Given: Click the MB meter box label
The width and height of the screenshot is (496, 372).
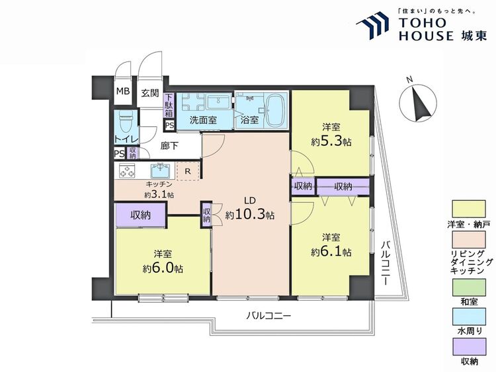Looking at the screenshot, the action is [123, 92].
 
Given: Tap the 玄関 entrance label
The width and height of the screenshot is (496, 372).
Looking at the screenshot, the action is [150, 93].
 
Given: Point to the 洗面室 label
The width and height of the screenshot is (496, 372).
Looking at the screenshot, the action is [204, 120].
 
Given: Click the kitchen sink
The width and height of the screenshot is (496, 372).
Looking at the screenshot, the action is [161, 170].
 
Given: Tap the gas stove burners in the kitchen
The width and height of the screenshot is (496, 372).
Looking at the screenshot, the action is [127, 170].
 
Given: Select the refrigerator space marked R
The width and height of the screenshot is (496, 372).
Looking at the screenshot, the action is [188, 172].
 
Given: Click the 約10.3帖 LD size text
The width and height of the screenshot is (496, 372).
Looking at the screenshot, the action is [250, 215].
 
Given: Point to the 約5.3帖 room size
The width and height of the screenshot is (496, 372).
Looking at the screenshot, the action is [331, 142].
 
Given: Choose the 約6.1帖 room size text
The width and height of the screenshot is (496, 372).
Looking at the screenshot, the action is [331, 252].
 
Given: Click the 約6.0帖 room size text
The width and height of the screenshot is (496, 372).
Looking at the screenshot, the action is [163, 268].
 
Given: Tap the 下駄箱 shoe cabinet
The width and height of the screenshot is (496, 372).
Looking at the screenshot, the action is [169, 106].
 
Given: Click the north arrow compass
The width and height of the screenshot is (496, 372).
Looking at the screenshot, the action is [417, 103].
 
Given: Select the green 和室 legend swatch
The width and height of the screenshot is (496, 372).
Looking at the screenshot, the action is [469, 287].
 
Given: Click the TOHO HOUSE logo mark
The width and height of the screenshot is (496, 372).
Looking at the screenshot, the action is [372, 26].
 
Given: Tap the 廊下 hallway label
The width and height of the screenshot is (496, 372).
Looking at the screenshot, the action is [169, 146].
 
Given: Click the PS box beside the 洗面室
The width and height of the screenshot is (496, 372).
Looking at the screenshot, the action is [169, 125].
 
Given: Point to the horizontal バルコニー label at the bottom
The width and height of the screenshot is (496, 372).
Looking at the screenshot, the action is [269, 316].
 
